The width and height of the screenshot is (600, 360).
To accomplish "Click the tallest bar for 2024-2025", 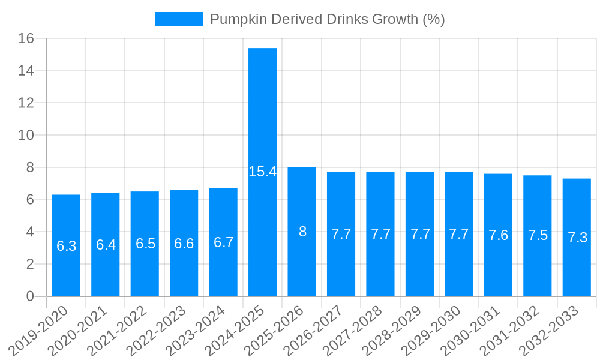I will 262,120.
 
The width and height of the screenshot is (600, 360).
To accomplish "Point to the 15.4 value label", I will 262,172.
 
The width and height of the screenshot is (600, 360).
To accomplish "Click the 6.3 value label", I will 66,245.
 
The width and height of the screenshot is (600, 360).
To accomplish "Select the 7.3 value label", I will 577,238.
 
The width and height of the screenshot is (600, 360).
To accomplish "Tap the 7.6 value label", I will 498,235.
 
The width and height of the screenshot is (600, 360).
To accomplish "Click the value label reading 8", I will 302,232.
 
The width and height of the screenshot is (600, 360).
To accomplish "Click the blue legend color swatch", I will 178,19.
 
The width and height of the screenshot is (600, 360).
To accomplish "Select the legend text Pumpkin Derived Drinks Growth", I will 327,19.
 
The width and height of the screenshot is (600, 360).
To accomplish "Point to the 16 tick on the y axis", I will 26,39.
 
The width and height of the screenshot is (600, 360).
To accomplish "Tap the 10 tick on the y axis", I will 26,136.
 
